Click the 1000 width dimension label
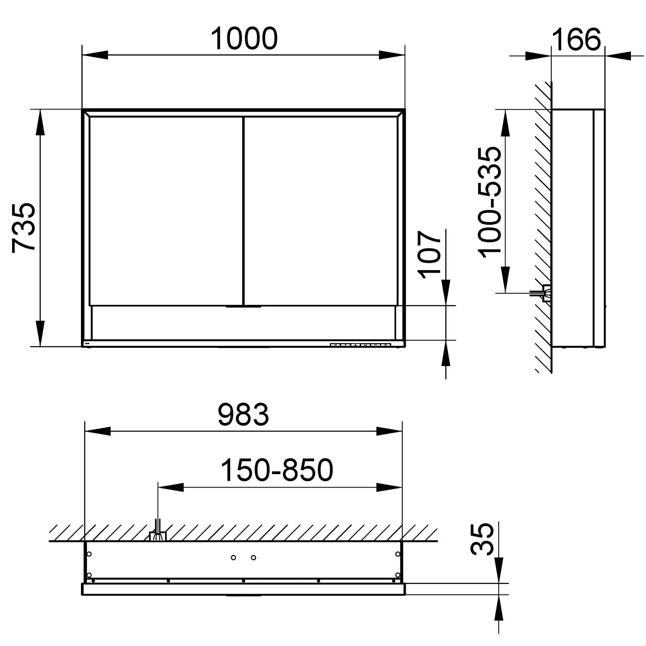tap(244, 38)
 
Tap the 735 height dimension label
tap(24, 227)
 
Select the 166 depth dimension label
tap(576, 39)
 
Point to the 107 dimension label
tap(430, 254)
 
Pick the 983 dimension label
tap(243, 414)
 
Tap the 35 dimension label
tap(482, 540)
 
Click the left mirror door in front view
tap(166, 211)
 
